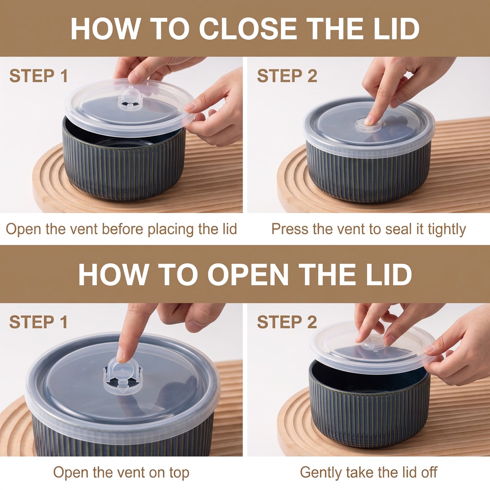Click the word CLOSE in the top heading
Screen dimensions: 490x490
coord(248,28)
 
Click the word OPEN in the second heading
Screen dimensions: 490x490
coord(248,275)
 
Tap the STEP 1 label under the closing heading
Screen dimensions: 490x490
coord(38,76)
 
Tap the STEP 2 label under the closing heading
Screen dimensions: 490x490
coord(287,76)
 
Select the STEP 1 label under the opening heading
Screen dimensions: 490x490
coord(38,322)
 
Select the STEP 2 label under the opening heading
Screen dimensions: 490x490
coord(287,322)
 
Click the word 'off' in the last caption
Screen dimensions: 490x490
coord(429,472)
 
